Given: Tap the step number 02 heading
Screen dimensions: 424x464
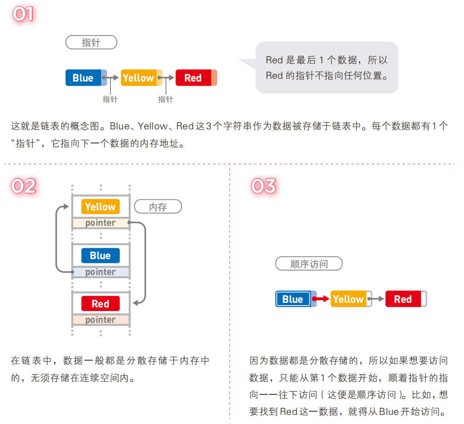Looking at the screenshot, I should [23, 186].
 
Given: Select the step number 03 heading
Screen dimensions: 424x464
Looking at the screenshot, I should [263, 186].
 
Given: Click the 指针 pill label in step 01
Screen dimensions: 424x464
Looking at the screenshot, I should [91, 43].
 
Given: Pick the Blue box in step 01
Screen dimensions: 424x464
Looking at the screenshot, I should [84, 78].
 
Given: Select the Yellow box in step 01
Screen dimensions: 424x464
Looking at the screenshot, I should [139, 78].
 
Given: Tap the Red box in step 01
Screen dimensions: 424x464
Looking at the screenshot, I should [194, 78].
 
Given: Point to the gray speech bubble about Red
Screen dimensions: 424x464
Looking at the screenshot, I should [326, 67].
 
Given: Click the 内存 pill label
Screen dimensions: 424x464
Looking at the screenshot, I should [158, 207].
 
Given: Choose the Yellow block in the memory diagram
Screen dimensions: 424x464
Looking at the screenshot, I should [101, 207].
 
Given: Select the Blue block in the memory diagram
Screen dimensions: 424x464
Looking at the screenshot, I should [101, 255].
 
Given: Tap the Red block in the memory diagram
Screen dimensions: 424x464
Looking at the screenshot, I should [101, 303].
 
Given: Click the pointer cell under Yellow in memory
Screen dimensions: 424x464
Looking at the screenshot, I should [101, 223].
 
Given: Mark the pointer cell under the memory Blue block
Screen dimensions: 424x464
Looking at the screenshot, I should [101, 272].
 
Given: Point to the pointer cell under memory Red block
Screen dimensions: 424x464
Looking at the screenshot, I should [101, 320].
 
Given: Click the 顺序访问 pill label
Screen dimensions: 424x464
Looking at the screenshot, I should [309, 264].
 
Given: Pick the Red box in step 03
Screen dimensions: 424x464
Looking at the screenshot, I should [403, 299].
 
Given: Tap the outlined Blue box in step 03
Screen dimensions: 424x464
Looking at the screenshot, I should [293, 299].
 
